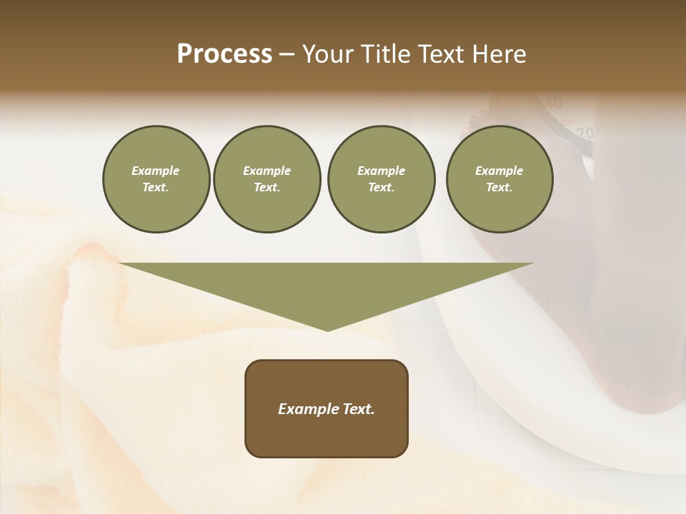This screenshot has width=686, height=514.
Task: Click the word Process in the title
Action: point(224,54)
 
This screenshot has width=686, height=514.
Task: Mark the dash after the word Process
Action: point(287,55)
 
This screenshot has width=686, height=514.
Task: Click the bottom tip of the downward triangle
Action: point(327,329)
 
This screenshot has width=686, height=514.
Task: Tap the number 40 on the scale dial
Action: point(553,104)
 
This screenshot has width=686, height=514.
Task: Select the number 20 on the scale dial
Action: point(585,133)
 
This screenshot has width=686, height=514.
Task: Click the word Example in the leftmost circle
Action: point(156,171)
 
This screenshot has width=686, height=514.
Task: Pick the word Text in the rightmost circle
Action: point(499,187)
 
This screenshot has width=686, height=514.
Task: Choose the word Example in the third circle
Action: point(381,171)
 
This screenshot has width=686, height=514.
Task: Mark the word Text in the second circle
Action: point(267,187)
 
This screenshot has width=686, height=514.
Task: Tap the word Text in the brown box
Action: point(357,409)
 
